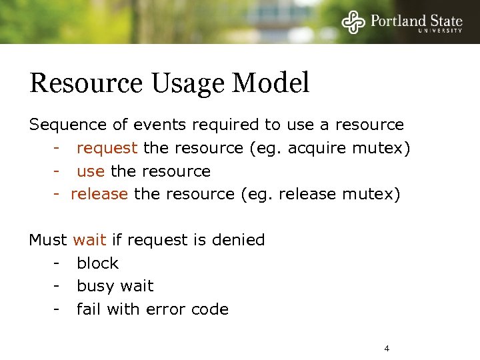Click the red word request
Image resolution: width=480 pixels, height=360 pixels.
(107, 148)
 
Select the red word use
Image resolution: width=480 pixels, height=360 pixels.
(91, 171)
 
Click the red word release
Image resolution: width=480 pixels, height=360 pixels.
(99, 194)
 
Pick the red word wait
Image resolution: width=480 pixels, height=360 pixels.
(89, 240)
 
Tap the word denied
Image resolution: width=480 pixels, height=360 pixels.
(239, 240)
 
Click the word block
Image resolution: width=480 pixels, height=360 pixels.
(97, 263)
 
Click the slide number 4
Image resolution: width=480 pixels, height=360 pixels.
(387, 349)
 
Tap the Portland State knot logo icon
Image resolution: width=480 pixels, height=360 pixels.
(354, 21)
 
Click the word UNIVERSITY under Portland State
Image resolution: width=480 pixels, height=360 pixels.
(439, 30)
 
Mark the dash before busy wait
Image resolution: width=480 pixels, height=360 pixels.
(58, 287)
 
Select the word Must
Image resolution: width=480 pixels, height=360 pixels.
(48, 240)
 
